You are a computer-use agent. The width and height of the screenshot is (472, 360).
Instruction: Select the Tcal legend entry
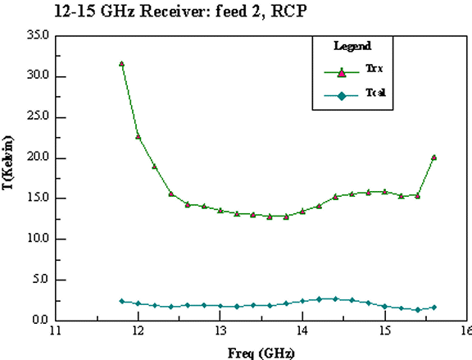(x=355, y=94)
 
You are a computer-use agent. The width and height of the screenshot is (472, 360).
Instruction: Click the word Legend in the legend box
(x=352, y=46)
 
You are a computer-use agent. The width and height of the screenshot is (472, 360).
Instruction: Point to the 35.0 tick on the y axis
(x=38, y=35)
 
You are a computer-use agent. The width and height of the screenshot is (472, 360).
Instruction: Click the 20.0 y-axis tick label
(x=38, y=157)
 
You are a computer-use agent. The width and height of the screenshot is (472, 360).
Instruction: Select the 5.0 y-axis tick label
(x=40, y=279)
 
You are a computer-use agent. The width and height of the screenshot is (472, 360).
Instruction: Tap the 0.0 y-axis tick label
(x=40, y=320)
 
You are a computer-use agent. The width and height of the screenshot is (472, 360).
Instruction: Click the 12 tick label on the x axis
(x=138, y=330)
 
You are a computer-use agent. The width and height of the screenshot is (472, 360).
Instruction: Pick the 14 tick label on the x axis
(x=302, y=330)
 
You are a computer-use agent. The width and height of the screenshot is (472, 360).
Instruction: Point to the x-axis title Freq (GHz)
(x=261, y=353)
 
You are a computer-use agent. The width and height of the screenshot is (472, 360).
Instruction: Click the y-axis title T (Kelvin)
(x=8, y=162)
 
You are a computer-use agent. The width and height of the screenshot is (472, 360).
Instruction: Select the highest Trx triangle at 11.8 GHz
(x=121, y=64)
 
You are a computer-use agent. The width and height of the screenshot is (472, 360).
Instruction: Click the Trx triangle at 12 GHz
(x=138, y=136)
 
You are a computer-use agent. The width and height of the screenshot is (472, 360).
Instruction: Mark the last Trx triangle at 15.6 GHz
(x=433, y=157)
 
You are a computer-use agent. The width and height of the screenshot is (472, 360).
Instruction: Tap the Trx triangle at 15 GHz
(x=384, y=192)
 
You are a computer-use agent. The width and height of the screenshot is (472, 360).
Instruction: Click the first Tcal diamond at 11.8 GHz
(x=121, y=301)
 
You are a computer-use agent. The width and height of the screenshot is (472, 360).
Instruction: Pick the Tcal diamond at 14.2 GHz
(x=319, y=299)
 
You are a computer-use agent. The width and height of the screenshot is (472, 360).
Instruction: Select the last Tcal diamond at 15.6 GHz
(x=433, y=308)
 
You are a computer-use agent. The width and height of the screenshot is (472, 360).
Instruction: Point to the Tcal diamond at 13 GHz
(x=220, y=306)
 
